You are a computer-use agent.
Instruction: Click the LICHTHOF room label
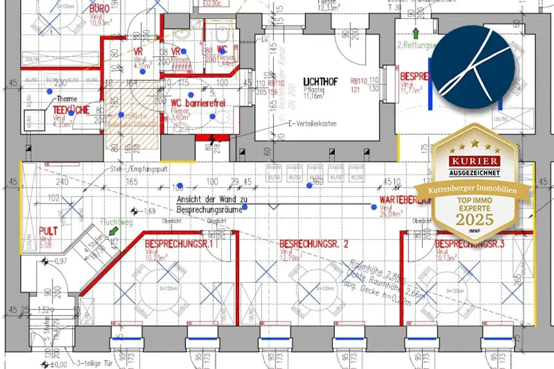point(320,81)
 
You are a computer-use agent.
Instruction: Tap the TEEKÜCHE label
point(70,109)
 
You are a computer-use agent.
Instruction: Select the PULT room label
point(48,231)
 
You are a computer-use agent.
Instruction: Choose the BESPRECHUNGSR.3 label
point(469,245)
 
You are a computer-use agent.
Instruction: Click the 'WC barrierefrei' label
point(197,103)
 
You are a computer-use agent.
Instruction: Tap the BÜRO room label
point(100,9)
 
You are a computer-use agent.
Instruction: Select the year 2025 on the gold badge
point(474,219)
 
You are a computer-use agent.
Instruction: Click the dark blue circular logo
point(474,67)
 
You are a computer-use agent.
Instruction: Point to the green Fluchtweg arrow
point(113,232)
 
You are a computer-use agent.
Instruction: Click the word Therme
point(67,98)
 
